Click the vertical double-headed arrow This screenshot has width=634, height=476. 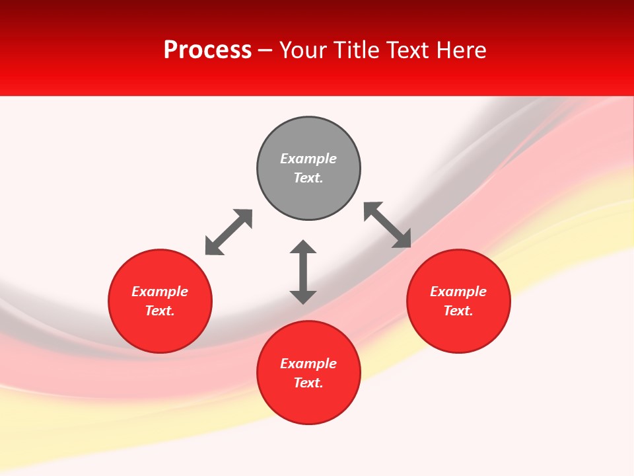pos(303,272)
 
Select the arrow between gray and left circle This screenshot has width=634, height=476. pos(229,232)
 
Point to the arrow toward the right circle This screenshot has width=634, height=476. pos(388,225)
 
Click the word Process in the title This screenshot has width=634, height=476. pos(207,50)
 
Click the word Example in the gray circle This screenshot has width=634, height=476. pos(308,159)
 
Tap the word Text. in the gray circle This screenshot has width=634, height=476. pos(308,178)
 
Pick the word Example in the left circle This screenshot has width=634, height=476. pos(160,292)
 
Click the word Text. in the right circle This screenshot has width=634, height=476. pos(458,311)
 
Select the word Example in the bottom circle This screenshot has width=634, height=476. pos(308,364)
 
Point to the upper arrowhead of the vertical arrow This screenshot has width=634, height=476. pos(303,247)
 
